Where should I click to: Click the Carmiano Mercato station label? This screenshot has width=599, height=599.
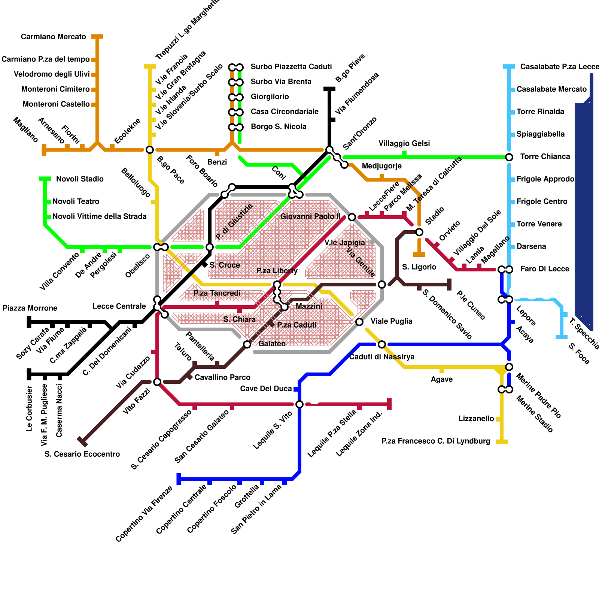pos(53,37)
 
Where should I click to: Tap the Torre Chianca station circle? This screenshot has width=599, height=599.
pos(509,157)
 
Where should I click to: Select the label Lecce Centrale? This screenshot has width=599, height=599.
pos(119,306)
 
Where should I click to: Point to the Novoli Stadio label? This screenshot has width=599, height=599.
pos(80,179)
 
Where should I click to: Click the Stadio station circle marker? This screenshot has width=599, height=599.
pos(419,232)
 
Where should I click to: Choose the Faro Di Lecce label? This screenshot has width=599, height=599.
pos(544,269)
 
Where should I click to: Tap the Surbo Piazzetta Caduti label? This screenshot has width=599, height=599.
pos(291,67)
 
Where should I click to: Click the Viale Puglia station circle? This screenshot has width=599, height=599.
pos(359,322)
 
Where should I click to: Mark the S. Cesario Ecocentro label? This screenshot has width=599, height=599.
pos(82,454)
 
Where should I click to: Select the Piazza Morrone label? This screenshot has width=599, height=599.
pos(30,308)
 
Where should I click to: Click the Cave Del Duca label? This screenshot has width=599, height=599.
pos(266,389)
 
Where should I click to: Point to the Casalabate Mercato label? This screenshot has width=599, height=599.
pos(551,89)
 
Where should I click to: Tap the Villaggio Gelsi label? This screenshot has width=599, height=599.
pos(404,143)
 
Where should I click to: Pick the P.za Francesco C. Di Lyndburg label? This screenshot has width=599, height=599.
pos(435,441)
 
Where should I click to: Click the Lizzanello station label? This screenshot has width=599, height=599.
pos(476,419)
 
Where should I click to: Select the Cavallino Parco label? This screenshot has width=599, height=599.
pos(222,377)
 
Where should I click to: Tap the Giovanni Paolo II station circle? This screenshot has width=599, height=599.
pos(352,217)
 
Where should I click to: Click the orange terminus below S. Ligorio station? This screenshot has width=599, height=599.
pos(419,255)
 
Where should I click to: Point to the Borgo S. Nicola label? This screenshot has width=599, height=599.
pos(278,127)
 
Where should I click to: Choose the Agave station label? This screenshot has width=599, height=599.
pos(441,379)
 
